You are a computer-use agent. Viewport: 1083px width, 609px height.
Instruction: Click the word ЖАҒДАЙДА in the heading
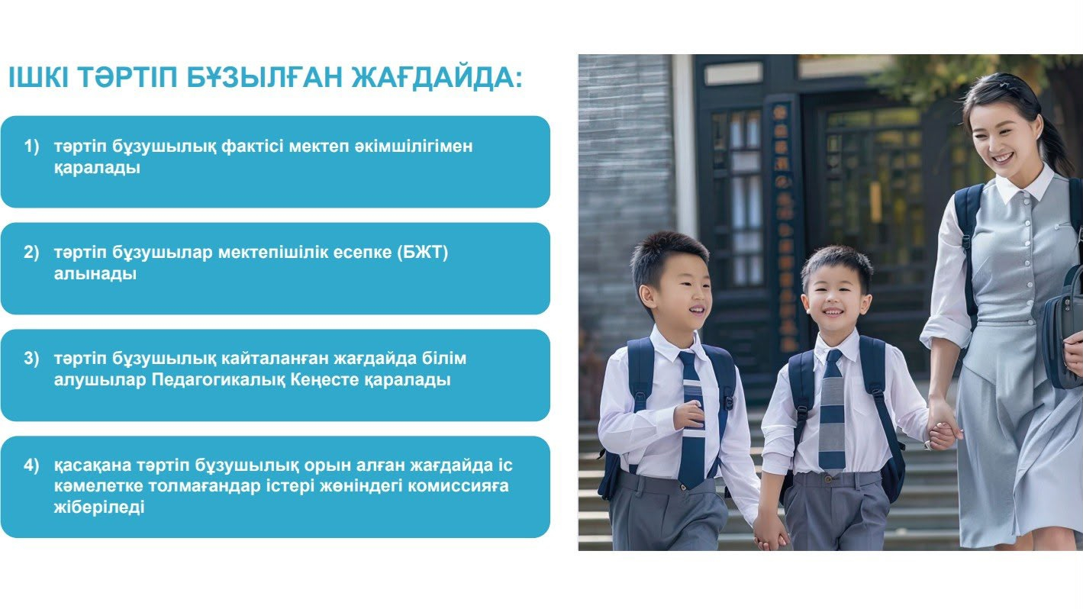[x=437, y=77]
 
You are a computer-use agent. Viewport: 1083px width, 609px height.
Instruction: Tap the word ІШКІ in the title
[x=39, y=77]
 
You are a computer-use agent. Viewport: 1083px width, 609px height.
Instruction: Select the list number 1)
[x=31, y=146]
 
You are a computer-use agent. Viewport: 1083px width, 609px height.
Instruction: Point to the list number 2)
[x=31, y=253]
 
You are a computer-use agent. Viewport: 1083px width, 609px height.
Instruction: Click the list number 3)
[x=31, y=359]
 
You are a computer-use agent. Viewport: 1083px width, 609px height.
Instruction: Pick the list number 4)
[x=31, y=465]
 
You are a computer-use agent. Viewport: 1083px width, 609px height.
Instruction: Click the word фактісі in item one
[x=252, y=146]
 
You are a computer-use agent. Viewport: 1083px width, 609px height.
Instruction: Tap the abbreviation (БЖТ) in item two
[x=423, y=253]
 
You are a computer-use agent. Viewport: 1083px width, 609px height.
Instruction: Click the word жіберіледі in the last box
[x=99, y=507]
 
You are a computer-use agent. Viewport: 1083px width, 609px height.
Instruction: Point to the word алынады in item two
[x=95, y=274]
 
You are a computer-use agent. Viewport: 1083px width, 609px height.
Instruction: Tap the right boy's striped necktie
[x=832, y=410]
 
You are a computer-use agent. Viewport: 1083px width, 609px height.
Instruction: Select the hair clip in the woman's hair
[x=1007, y=85]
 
